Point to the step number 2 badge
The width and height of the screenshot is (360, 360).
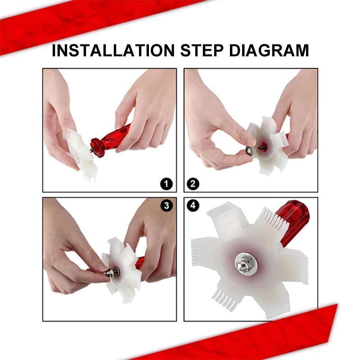[193, 184]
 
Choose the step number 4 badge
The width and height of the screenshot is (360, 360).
[193, 206]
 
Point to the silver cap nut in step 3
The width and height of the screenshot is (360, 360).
[110, 273]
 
